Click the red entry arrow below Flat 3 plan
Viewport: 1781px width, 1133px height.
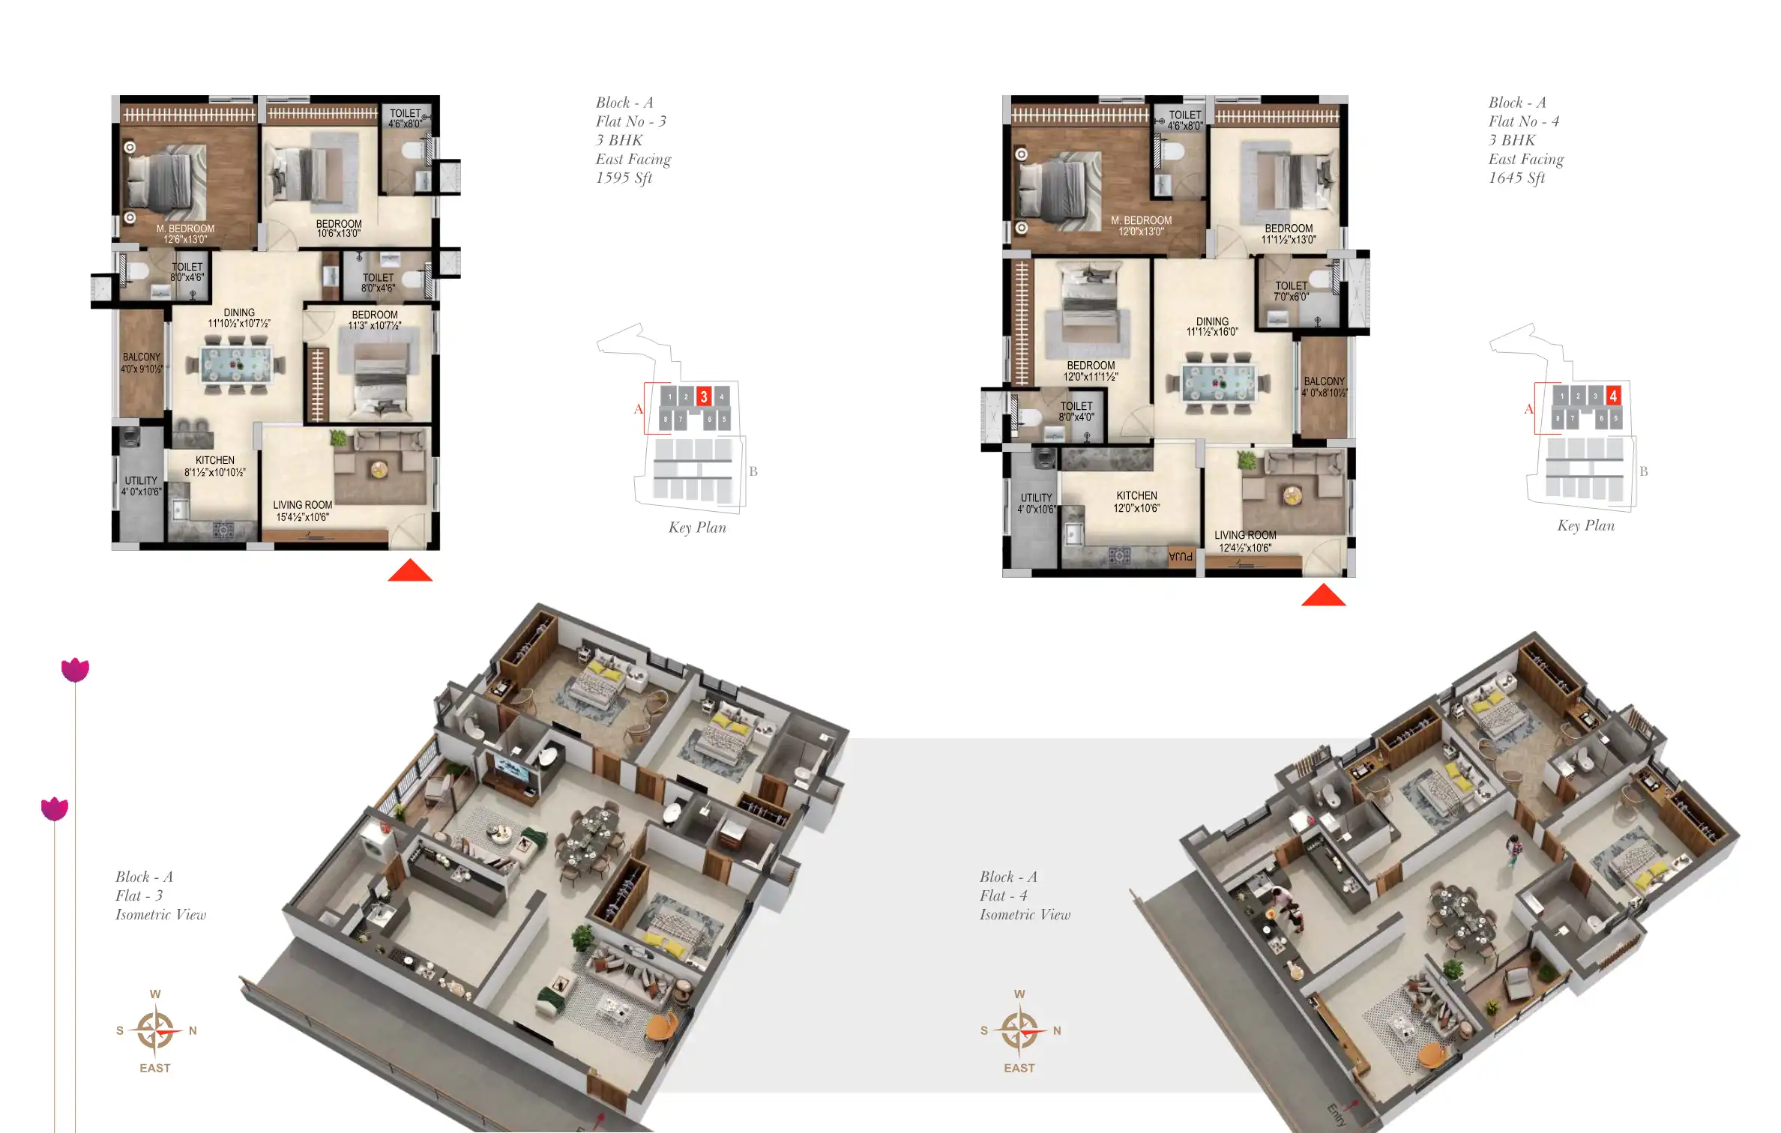tap(409, 571)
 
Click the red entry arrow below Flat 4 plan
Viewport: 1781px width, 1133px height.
tap(1323, 596)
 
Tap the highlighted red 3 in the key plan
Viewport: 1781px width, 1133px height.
tap(703, 396)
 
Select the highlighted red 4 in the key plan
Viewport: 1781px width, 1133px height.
tap(1612, 395)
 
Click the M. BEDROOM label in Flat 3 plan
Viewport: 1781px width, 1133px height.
tap(185, 229)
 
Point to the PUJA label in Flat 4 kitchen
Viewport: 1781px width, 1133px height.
tap(1181, 556)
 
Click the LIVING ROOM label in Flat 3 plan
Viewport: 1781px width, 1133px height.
tap(302, 506)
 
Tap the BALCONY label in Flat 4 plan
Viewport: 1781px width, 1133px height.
tap(1324, 381)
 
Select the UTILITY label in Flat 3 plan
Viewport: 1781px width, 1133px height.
tap(141, 481)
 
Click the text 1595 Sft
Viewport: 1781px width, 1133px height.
tap(624, 178)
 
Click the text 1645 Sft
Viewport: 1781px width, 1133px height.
tap(1516, 178)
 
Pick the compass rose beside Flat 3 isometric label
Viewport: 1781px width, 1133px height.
tap(156, 1030)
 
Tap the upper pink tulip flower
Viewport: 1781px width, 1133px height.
tap(75, 669)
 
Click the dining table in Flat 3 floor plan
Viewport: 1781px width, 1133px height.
tap(236, 366)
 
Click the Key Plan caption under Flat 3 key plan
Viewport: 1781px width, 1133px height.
tap(697, 528)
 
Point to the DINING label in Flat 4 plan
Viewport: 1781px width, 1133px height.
tap(1212, 321)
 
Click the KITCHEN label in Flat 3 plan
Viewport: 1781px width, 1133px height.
tap(215, 461)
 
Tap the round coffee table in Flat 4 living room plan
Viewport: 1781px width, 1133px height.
tap(1292, 495)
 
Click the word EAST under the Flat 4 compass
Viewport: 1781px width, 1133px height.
tap(1019, 1068)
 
